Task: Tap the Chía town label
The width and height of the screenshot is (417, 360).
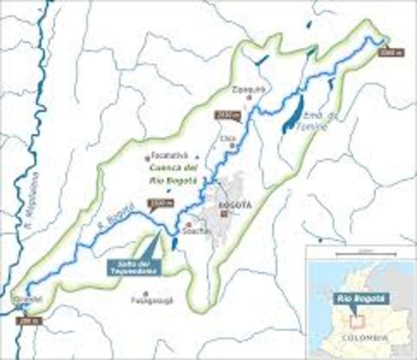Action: coord(229,138)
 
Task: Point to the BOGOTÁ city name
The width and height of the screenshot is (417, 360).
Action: coord(229,204)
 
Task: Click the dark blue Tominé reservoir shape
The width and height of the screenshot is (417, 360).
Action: coord(292,115)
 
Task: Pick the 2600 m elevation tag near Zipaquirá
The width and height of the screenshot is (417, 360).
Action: coord(224,115)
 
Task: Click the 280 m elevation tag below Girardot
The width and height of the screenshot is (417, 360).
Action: coord(30,321)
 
